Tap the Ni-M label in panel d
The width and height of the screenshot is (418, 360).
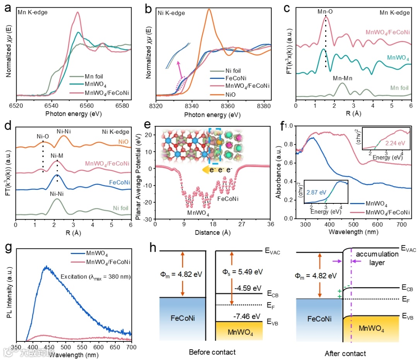pyautogui.click(x=57, y=156)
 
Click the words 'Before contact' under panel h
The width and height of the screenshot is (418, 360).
pyautogui.click(x=212, y=352)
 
